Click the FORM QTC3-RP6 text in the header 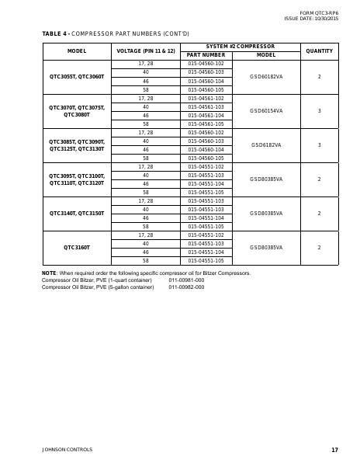[x=317, y=12]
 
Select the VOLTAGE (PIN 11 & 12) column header [x=146, y=50]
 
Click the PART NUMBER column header [x=206, y=55]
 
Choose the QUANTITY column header [x=320, y=50]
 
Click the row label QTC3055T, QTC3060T [x=77, y=77]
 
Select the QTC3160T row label [x=77, y=247]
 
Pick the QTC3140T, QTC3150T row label [x=77, y=213]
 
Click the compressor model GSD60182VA [x=266, y=77]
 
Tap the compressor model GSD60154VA [x=266, y=111]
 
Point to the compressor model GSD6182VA [x=266, y=145]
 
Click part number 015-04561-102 [x=206, y=99]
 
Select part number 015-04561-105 [x=206, y=124]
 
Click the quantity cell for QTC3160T [x=320, y=247]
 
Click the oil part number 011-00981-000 [x=186, y=280]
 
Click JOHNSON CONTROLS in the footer [x=67, y=450]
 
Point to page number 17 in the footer [x=334, y=450]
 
